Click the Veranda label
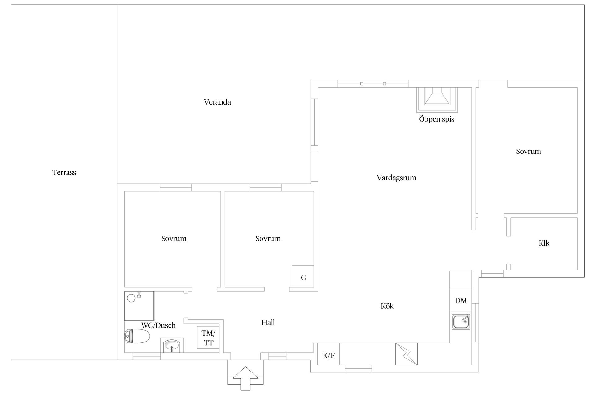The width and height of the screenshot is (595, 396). [217, 102]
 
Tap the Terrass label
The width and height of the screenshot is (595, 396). [64, 173]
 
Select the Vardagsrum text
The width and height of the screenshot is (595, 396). [396, 178]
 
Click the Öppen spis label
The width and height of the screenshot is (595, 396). [436, 119]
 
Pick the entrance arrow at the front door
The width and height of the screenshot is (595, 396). [245, 378]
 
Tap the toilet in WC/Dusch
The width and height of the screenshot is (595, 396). [137, 336]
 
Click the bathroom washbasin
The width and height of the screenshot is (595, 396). [172, 346]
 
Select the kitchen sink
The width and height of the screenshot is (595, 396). [461, 322]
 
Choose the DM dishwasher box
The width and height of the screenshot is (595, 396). [461, 300]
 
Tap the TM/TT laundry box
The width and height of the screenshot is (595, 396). [208, 338]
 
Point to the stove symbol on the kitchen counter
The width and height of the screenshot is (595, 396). [407, 354]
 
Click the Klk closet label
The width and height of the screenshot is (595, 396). [544, 243]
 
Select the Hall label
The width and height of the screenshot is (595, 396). [268, 322]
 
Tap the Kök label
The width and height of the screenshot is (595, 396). [387, 306]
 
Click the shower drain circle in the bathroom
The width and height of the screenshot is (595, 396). [131, 298]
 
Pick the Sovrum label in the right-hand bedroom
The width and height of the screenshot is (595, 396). [528, 152]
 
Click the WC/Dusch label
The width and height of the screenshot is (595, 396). [158, 325]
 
